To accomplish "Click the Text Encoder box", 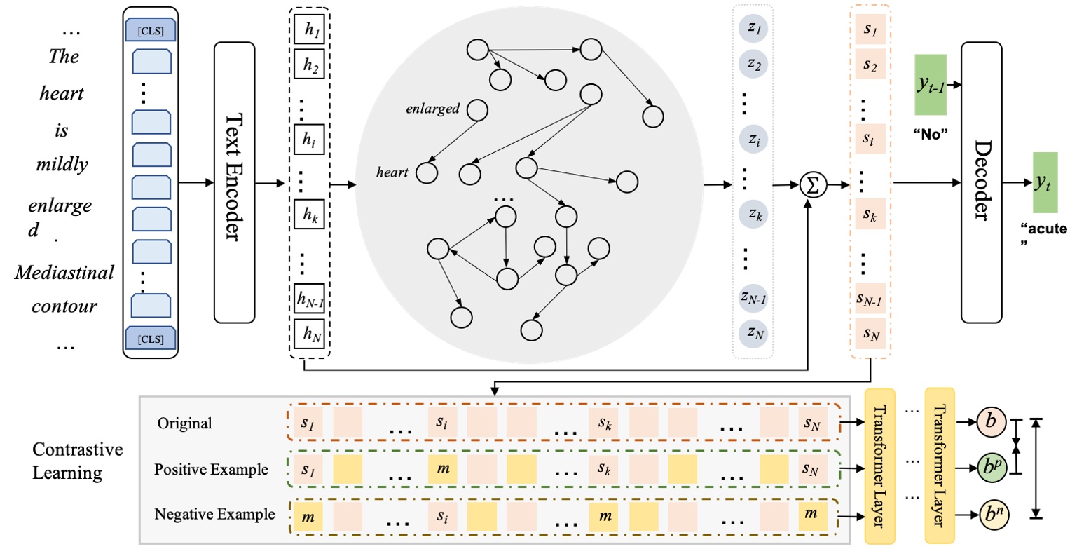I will [235, 182].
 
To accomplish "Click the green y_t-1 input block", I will [931, 87].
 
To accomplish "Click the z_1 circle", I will [753, 32].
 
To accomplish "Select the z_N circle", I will [753, 333].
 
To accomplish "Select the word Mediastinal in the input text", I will [64, 273].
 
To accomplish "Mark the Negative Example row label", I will [215, 514].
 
